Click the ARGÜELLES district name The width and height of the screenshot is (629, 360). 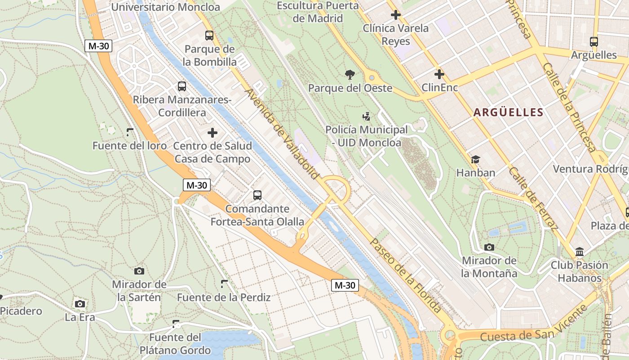[x=508, y=112]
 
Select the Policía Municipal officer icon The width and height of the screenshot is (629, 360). [x=367, y=117]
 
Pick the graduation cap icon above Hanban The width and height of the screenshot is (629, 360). [x=475, y=159]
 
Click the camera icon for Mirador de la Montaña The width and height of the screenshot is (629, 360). [x=489, y=247]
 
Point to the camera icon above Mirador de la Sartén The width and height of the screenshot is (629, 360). [x=139, y=271]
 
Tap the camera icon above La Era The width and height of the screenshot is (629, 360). [x=80, y=304]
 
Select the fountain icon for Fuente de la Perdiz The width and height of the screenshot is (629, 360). [x=224, y=283]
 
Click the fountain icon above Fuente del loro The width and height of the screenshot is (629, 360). [x=130, y=132]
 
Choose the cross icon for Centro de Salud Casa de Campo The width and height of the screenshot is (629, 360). [x=213, y=133]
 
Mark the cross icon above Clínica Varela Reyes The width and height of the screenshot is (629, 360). [x=395, y=15]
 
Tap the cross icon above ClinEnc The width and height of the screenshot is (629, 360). [x=439, y=74]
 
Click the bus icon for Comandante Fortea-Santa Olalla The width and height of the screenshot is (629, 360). [x=257, y=195]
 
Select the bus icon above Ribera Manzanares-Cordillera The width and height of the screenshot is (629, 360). [x=182, y=86]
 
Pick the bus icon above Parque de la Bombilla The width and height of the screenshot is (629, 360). [x=209, y=36]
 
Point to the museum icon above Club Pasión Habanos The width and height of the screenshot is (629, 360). [x=580, y=252]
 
